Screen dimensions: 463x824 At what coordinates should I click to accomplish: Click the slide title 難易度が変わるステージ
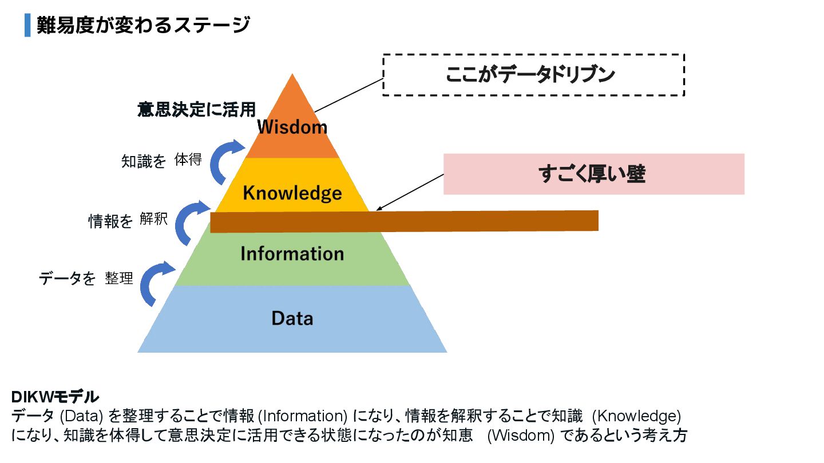[x=143, y=26]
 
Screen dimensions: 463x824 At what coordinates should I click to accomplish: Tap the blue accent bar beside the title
[x=27, y=26]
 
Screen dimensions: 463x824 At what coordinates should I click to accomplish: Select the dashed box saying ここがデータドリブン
[x=533, y=75]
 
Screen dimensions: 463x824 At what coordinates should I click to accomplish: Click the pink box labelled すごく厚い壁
[x=593, y=174]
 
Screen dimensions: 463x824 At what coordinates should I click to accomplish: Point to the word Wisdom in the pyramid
[x=292, y=127]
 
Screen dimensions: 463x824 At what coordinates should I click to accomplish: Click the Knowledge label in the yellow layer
[x=292, y=193]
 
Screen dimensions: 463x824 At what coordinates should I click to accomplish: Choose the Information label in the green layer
[x=292, y=253]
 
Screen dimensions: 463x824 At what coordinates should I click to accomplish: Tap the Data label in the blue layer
[x=292, y=318]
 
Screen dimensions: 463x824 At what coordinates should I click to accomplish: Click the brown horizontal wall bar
[x=404, y=221]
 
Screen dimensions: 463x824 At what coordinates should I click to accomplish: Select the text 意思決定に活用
[x=196, y=110]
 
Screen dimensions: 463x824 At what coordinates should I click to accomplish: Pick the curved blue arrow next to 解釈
[x=191, y=223]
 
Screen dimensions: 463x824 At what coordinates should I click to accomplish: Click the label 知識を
[x=144, y=162]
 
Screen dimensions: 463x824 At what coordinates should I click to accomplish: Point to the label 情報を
[x=110, y=222]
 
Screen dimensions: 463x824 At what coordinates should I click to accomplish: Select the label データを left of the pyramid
[x=67, y=279]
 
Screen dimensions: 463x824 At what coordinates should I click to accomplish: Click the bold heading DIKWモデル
[x=55, y=397]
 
